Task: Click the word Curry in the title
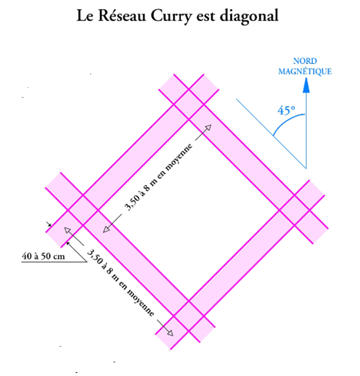[171, 17]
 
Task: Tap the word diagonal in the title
[250, 17]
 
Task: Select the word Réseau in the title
[122, 16]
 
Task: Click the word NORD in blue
[305, 61]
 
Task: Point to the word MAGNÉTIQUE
[305, 71]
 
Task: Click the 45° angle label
[286, 111]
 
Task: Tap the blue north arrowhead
[306, 85]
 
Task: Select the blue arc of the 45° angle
[286, 120]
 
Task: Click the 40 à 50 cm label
[43, 256]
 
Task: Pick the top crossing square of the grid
[189, 104]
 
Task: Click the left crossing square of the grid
[83, 210]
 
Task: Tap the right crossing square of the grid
[295, 210]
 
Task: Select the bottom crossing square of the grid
[189, 316]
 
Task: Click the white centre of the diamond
[189, 210]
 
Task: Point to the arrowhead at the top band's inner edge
[207, 128]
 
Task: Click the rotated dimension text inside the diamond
[159, 177]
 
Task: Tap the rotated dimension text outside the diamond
[120, 283]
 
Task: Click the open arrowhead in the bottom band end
[170, 332]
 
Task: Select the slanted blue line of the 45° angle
[271, 134]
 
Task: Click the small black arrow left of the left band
[48, 224]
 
